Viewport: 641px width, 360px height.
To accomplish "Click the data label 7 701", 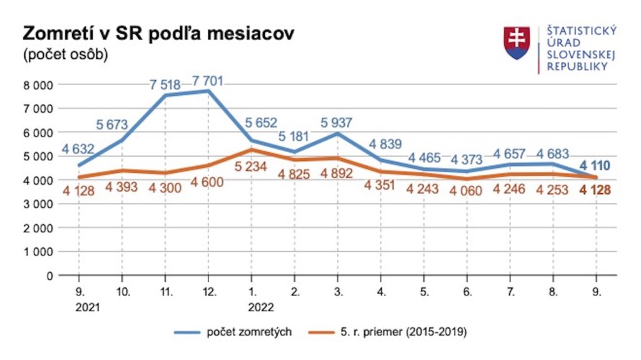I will click(x=207, y=81).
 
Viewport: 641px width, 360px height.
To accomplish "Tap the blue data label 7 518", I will click(x=166, y=85).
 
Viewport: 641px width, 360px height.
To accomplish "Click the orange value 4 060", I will click(x=466, y=191).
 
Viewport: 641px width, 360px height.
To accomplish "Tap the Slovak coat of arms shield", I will click(x=517, y=43).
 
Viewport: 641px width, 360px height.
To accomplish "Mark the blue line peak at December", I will click(x=208, y=91).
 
